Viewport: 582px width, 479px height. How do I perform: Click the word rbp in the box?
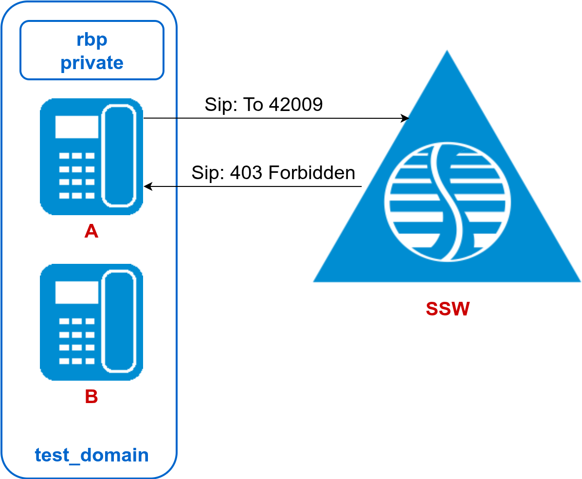[91, 40]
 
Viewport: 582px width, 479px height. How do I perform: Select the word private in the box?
[91, 63]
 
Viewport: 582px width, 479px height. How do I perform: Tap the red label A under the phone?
[91, 231]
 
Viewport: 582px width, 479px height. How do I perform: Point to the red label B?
[91, 397]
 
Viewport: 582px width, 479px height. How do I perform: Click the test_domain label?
[91, 455]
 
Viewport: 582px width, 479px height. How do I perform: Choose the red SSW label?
[447, 309]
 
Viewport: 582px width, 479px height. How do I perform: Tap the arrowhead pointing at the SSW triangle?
[405, 118]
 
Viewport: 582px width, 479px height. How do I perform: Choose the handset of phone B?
[118, 321]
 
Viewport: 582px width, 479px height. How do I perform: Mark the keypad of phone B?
[76, 341]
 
